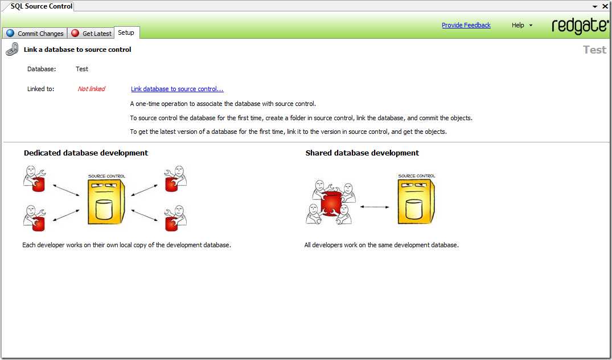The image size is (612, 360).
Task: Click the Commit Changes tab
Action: (35, 33)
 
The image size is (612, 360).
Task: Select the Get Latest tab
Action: (91, 33)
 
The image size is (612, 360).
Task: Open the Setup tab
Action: (126, 32)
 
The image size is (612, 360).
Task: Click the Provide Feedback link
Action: (466, 25)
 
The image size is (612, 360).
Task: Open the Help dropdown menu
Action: (522, 25)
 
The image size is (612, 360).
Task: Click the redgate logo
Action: (580, 26)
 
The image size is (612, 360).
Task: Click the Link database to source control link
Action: (177, 89)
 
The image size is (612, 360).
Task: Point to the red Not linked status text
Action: (91, 89)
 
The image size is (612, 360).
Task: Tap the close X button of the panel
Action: (605, 6)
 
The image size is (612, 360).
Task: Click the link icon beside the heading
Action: (12, 50)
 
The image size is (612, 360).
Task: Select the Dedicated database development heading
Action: (86, 153)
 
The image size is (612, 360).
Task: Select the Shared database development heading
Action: (362, 153)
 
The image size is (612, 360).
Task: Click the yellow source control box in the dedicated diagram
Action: (106, 201)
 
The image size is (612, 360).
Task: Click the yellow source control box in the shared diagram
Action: (416, 199)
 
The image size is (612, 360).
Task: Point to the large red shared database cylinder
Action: (331, 203)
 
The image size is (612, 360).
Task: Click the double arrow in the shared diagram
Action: (375, 207)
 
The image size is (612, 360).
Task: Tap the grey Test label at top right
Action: (595, 50)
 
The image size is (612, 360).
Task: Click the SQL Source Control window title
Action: (42, 6)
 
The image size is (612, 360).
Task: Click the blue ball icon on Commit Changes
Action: (10, 33)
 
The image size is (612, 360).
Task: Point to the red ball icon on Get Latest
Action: (75, 33)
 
